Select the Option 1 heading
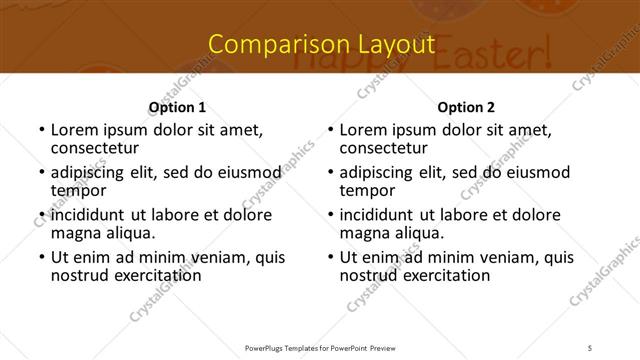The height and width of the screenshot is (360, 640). tap(177, 107)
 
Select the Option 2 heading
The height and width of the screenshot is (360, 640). tap(466, 107)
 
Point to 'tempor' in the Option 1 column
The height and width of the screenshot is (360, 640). tap(78, 190)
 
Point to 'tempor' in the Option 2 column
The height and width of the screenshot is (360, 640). tap(367, 190)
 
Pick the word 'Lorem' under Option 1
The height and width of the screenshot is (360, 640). tap(74, 130)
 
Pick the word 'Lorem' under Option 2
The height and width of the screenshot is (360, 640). tap(363, 130)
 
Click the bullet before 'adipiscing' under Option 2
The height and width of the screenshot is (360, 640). tap(330, 172)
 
